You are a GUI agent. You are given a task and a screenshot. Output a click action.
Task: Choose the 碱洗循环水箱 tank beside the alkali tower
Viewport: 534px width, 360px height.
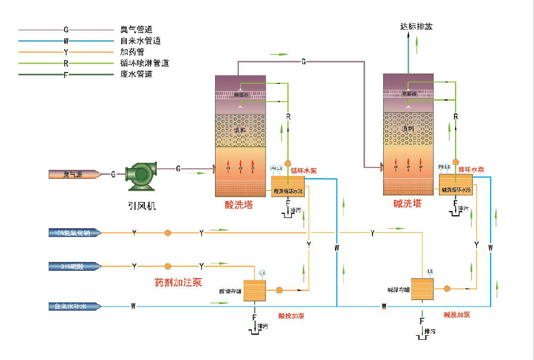[x=456, y=184]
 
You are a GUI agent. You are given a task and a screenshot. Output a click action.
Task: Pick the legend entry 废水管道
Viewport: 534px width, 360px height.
[x=137, y=74]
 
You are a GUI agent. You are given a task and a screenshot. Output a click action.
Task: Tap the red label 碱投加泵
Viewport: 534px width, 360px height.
[x=457, y=314]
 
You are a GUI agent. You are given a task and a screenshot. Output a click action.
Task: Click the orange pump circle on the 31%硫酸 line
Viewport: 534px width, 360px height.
[x=168, y=266]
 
